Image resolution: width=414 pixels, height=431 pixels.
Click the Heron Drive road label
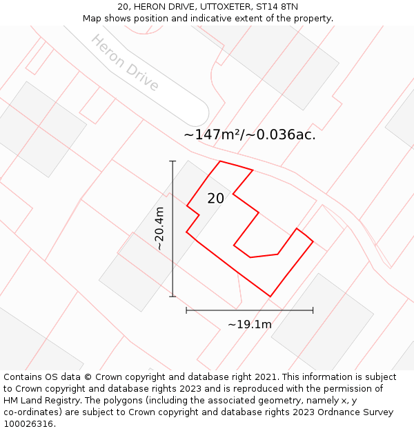coord(125,63)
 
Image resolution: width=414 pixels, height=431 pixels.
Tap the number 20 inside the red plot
coord(215,199)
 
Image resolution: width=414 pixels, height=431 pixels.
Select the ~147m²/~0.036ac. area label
coord(250,135)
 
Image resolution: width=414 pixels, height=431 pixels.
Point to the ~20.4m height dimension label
coord(159,228)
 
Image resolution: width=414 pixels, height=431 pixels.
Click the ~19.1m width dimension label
coord(250,324)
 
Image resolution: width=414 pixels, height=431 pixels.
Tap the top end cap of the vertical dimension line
coord(172,161)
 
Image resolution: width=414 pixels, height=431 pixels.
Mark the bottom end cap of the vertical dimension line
coord(172,297)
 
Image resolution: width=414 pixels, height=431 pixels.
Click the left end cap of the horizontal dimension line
coord(186,310)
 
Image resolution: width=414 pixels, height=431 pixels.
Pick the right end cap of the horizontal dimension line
coord(313,310)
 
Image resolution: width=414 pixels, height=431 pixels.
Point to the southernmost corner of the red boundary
coord(270,297)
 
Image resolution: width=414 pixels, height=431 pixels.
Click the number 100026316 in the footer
coord(27,424)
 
